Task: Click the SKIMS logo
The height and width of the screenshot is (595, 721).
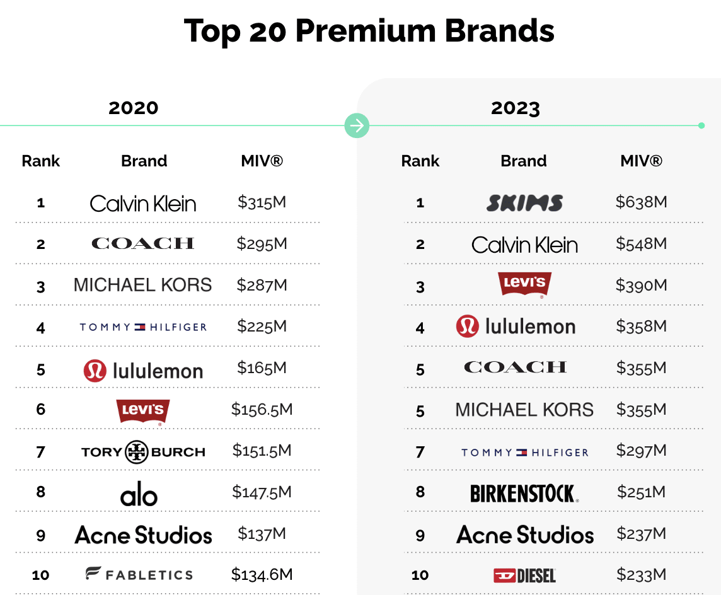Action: click(524, 203)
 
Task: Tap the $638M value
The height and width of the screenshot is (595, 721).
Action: click(641, 202)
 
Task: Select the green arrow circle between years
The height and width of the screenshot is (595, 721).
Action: click(357, 125)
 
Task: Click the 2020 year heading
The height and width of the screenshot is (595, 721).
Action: click(134, 108)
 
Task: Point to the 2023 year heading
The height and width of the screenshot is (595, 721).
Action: click(516, 108)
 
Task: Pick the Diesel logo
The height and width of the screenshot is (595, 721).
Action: click(524, 575)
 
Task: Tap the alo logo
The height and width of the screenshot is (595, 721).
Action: click(139, 495)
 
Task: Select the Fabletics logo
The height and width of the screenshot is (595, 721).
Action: click(139, 574)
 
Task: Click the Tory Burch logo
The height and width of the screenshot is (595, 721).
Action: click(143, 452)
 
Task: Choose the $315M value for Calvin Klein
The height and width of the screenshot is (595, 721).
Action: click(262, 202)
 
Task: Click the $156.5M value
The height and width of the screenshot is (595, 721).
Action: click(262, 410)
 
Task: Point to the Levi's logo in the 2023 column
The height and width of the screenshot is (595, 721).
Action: click(524, 284)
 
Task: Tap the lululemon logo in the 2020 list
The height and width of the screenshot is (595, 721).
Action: click(143, 371)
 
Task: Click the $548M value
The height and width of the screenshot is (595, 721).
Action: click(641, 244)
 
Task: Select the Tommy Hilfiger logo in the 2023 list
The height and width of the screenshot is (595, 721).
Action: click(524, 453)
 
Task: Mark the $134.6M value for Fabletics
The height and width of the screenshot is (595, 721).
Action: click(262, 574)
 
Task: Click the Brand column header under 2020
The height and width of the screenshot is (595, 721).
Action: click(144, 161)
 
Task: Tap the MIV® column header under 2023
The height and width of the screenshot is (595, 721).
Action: click(641, 161)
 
